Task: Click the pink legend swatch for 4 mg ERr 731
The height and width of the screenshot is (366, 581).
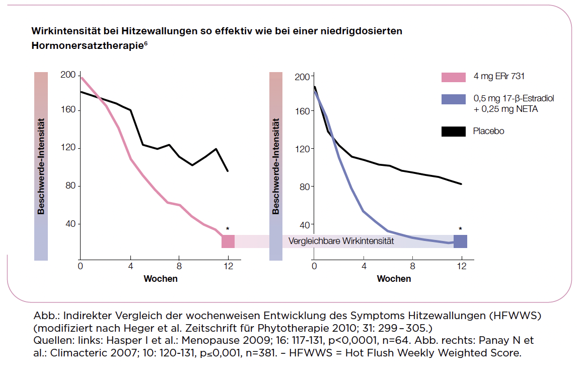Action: (x=454, y=77)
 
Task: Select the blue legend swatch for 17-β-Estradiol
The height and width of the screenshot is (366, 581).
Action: (x=454, y=99)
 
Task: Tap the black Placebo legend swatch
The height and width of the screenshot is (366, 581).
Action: (x=454, y=132)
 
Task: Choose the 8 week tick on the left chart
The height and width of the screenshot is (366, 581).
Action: (x=179, y=266)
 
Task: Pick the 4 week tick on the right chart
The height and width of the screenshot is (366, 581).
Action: (x=363, y=266)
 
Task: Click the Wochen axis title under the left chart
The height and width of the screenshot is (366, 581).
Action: (x=161, y=279)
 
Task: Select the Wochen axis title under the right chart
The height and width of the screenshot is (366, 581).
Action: (x=394, y=279)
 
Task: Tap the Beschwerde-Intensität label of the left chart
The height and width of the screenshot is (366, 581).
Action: (x=41, y=167)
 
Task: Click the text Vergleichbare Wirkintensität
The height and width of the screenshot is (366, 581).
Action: (x=341, y=241)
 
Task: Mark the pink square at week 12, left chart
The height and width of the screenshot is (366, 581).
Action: (x=228, y=241)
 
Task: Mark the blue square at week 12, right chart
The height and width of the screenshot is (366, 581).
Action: (x=460, y=241)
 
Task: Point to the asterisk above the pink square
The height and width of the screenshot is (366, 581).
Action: (x=228, y=229)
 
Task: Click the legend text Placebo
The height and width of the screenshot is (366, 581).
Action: (x=488, y=132)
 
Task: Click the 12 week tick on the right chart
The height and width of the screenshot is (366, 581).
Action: (x=460, y=266)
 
